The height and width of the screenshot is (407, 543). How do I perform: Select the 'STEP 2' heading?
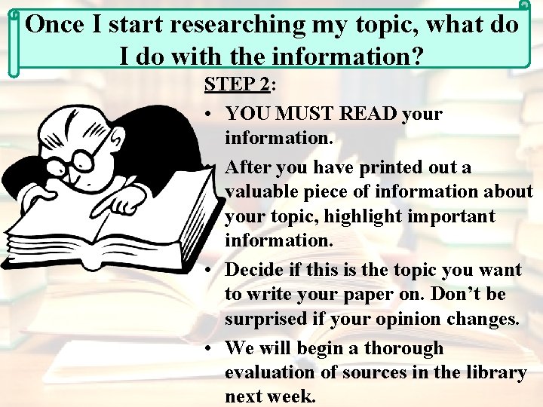click(x=237, y=84)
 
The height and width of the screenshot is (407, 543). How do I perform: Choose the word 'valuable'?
click(x=261, y=191)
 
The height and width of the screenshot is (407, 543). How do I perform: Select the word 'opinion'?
click(x=383, y=319)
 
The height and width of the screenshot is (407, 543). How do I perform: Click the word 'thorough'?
click(x=404, y=348)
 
